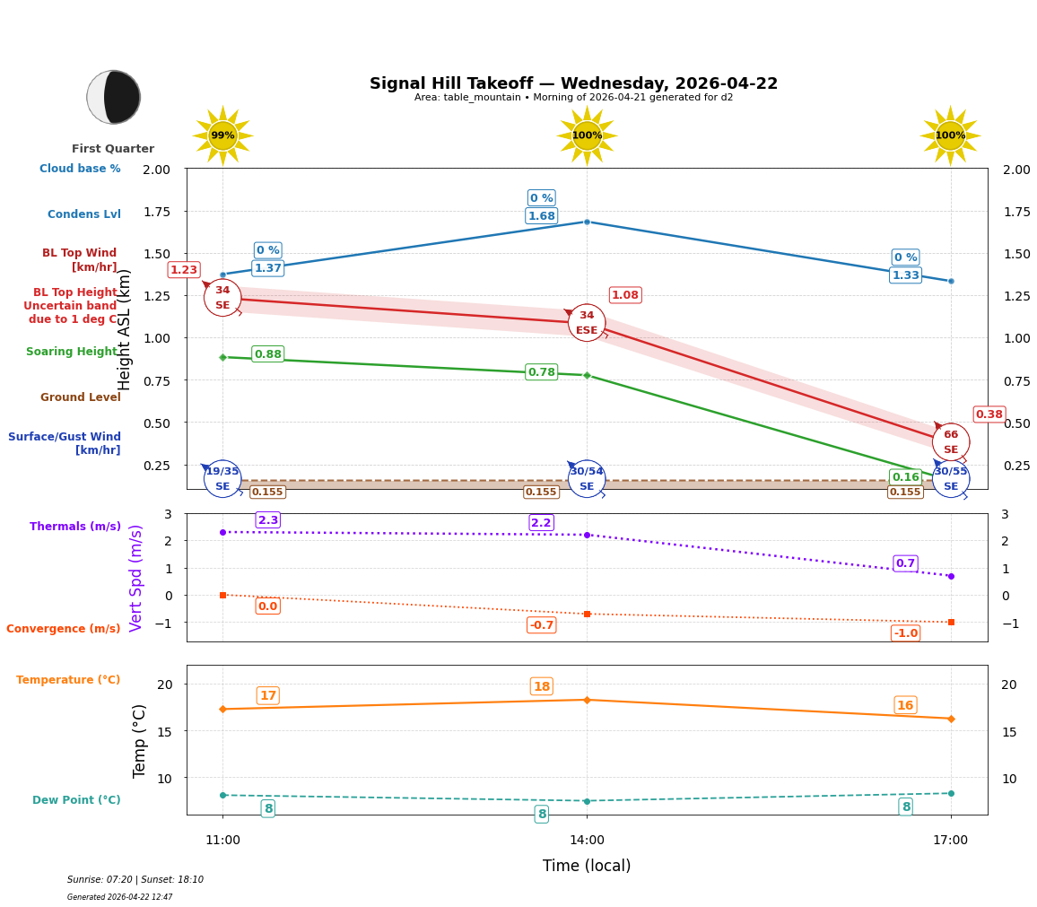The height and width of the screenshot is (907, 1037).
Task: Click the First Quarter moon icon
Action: click(114, 97)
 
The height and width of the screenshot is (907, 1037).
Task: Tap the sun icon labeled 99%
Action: click(222, 135)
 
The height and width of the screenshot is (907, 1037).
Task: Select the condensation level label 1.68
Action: click(541, 216)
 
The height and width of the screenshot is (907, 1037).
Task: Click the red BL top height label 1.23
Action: click(184, 270)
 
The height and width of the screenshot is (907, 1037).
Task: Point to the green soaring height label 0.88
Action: click(268, 354)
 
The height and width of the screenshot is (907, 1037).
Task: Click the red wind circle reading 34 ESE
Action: click(587, 322)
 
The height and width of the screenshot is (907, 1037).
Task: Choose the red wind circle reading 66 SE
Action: click(950, 441)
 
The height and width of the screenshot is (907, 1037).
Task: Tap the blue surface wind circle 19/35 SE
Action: click(222, 478)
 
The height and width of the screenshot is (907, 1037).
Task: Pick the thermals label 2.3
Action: click(268, 520)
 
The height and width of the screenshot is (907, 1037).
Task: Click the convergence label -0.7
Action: click(541, 625)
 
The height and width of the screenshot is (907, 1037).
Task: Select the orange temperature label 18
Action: click(541, 686)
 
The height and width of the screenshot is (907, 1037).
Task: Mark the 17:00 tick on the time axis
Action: click(950, 841)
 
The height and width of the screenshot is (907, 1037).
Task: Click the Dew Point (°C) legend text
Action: click(76, 800)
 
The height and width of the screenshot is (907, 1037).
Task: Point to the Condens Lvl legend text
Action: click(84, 214)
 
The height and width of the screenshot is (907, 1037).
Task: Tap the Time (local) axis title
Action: click(586, 866)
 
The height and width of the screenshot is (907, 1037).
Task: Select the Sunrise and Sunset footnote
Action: click(135, 880)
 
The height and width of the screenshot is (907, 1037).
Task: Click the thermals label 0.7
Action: click(905, 563)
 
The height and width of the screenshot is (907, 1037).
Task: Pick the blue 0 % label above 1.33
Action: click(905, 257)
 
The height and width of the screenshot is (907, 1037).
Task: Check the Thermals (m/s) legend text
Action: click(75, 527)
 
